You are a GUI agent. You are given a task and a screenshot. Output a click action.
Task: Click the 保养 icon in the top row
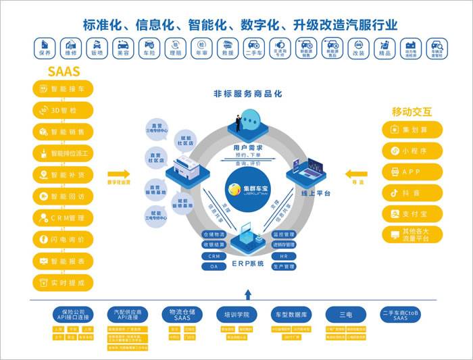click(x=45, y=47)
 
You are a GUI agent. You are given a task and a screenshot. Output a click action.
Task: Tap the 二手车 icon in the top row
click(x=254, y=47)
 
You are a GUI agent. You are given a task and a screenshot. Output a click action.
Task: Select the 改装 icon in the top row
click(x=359, y=47)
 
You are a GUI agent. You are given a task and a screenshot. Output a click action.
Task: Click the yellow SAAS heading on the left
click(x=64, y=72)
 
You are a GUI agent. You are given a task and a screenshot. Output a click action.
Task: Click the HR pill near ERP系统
click(x=284, y=257)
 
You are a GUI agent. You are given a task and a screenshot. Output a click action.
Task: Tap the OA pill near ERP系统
click(x=214, y=266)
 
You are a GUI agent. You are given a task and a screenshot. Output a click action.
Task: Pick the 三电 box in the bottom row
click(x=345, y=315)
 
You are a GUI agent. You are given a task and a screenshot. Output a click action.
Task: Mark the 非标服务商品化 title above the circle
click(x=243, y=95)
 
